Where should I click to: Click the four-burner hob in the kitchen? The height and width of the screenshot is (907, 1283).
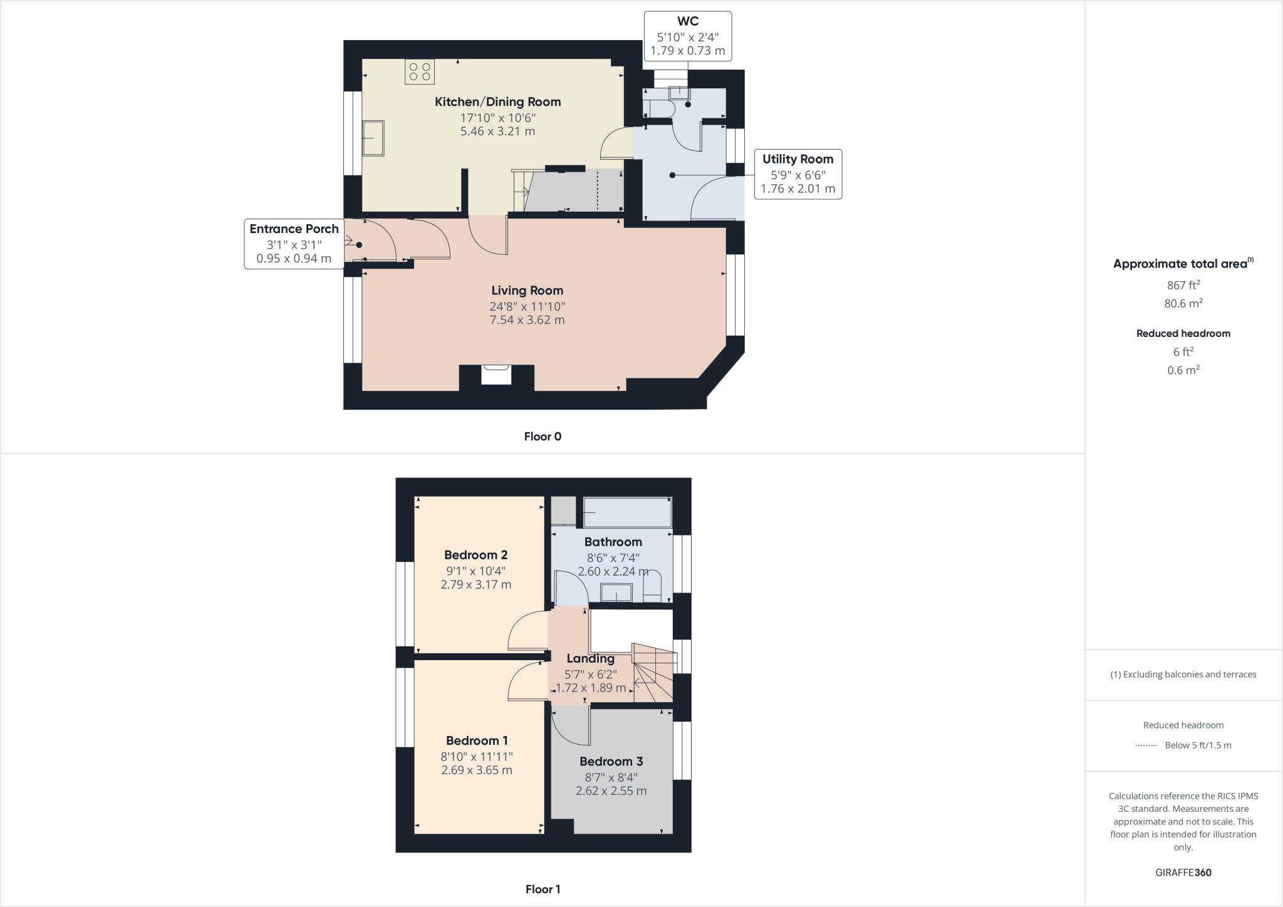[420, 71]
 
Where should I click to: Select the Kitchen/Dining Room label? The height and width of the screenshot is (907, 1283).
[498, 101]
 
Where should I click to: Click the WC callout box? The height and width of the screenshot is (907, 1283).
[687, 36]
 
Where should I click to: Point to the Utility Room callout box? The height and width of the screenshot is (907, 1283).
[797, 174]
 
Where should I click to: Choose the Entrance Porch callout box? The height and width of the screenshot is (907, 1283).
[294, 244]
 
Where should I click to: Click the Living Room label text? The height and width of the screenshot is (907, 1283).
[527, 291]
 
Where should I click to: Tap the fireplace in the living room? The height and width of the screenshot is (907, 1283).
[496, 375]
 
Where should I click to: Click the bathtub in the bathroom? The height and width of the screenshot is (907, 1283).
[627, 513]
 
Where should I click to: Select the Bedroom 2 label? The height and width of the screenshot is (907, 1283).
[475, 555]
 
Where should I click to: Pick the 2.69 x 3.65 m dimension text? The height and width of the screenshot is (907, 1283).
[476, 770]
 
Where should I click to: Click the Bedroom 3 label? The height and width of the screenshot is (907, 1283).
[611, 762]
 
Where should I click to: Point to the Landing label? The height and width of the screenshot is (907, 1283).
[590, 658]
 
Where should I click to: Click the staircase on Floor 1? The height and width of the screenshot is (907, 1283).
[653, 673]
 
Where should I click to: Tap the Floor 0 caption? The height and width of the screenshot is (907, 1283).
[543, 437]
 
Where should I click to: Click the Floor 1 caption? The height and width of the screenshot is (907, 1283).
[543, 889]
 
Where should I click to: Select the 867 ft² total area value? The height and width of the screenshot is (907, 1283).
[1183, 285]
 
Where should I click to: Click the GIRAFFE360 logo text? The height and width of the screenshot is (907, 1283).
[1183, 873]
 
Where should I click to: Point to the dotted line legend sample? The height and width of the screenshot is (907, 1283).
[1146, 745]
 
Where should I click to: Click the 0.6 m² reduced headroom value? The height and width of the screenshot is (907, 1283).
[1183, 370]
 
